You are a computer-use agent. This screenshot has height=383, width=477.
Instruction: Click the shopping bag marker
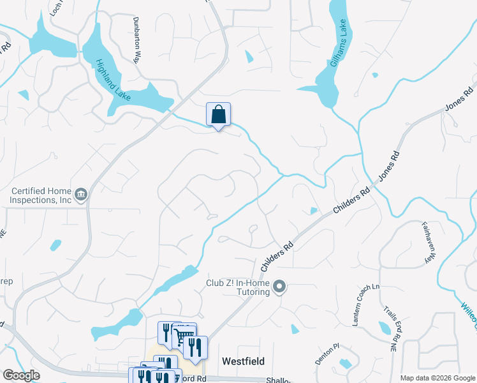click(218, 116)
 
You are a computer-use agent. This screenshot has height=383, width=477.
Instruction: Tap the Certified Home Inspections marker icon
click(81, 194)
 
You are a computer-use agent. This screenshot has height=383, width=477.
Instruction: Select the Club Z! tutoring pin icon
click(279, 287)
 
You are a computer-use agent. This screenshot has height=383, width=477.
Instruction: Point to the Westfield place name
click(243, 361)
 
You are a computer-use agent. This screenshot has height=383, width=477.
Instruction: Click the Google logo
click(21, 375)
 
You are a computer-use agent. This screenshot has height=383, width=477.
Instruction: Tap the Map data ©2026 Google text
click(437, 378)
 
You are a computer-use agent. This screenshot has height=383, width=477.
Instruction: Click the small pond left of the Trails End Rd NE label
click(384, 328)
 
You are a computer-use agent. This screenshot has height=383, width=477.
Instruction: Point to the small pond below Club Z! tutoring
click(294, 329)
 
